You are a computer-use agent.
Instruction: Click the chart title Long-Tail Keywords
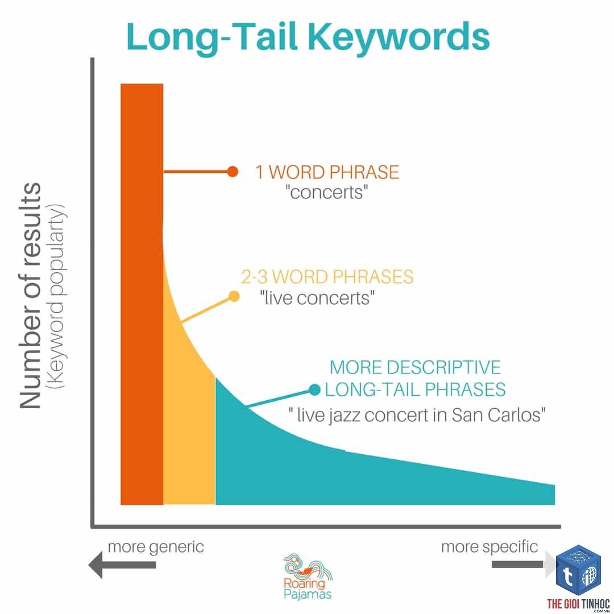coord(308,38)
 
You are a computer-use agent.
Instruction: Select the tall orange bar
coord(142,294)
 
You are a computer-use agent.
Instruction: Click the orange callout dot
coord(233,172)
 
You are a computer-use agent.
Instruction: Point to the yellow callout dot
coord(234,296)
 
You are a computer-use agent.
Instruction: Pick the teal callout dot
coord(315,389)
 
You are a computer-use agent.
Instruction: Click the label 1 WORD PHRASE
coord(327,172)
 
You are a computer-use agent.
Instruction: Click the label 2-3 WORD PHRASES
coord(327,277)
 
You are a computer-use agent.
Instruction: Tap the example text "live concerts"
coord(317,298)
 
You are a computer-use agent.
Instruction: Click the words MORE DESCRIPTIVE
coord(415,367)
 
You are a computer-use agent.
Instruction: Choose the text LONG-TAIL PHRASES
coord(415,389)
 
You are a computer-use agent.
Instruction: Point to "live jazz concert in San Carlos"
coord(417,415)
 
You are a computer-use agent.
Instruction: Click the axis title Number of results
coord(31,296)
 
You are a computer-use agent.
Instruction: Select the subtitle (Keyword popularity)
coord(56,296)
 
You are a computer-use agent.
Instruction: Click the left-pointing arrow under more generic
coord(122,565)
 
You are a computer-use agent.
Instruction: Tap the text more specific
coord(489,547)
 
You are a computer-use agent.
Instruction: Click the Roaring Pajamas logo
coord(308,576)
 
